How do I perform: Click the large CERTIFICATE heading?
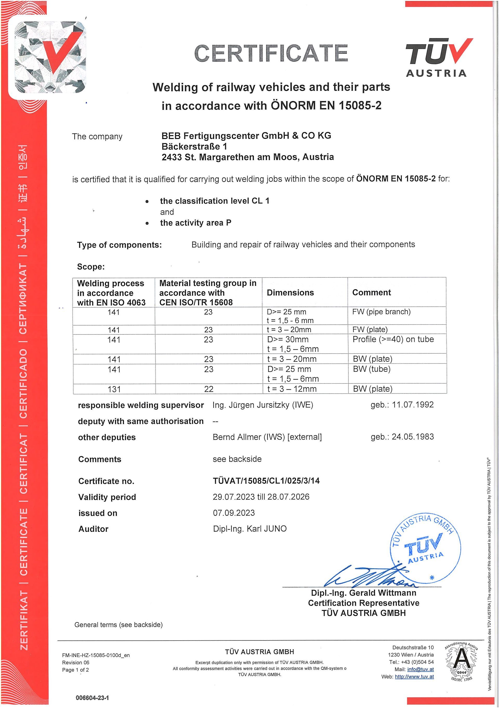tap(271, 53)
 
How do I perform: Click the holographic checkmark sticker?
tap(48, 57)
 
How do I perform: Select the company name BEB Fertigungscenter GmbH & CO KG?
tap(246, 135)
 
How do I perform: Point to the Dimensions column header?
tap(290, 292)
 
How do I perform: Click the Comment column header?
tap(371, 292)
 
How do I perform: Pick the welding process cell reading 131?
tap(114, 389)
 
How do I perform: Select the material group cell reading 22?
tap(208, 389)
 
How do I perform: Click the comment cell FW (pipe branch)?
tap(381, 312)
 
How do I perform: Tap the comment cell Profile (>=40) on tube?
tap(393, 339)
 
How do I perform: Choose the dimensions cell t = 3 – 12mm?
tap(292, 389)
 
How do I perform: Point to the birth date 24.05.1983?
tap(413, 437)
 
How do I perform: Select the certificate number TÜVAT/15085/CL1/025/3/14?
tap(266, 481)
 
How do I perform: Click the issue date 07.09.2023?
tap(234, 513)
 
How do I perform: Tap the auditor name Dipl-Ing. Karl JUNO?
tap(250, 529)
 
